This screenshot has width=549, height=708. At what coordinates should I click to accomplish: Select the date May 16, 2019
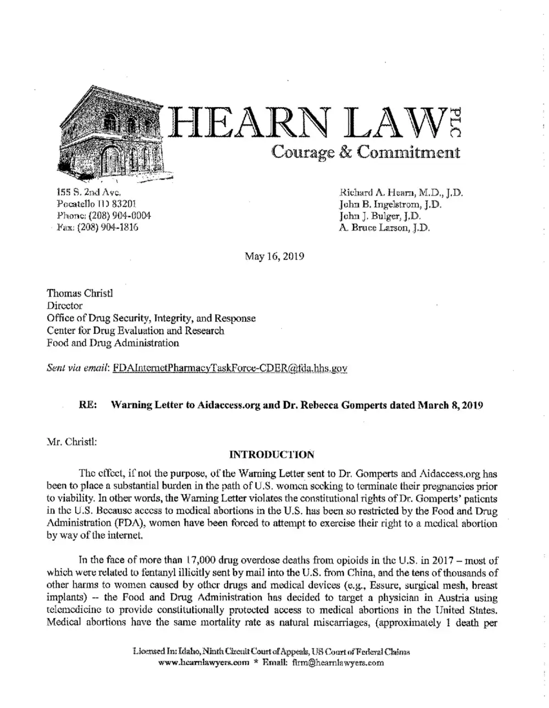click(274, 256)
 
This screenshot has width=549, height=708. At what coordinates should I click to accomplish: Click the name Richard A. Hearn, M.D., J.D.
click(401, 193)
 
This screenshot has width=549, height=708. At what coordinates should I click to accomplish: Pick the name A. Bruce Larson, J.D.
click(385, 227)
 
